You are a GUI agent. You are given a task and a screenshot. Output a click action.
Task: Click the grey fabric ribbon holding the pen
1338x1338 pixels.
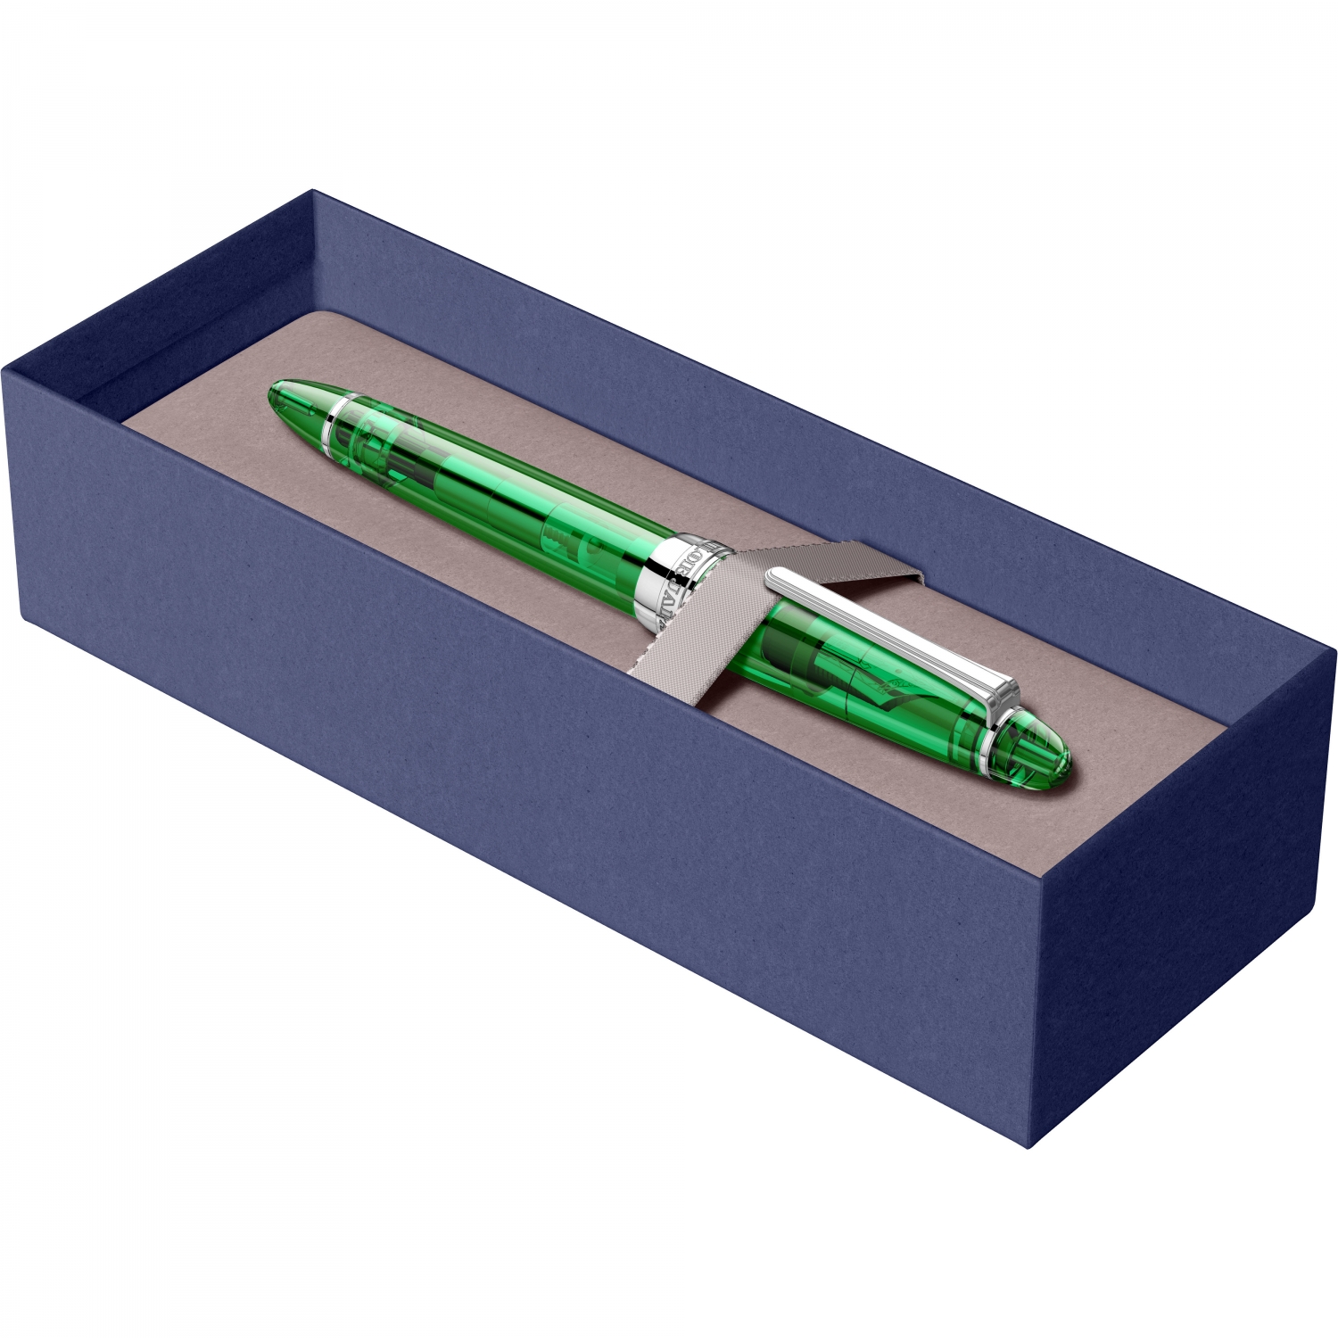point(714,615)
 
